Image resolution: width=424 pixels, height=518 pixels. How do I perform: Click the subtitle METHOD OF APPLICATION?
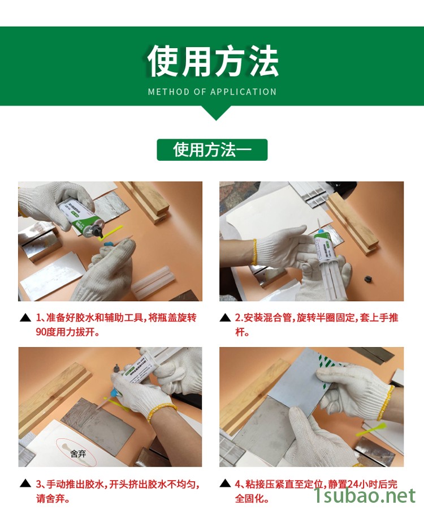click(212, 92)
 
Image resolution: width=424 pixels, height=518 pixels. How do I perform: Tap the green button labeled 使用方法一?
click(212, 150)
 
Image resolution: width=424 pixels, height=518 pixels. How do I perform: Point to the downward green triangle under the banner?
click(216, 113)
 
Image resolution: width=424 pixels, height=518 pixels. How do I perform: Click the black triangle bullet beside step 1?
click(25, 318)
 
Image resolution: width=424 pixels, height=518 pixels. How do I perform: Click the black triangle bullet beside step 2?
click(225, 318)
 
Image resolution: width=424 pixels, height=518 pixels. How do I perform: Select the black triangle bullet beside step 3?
click(25, 483)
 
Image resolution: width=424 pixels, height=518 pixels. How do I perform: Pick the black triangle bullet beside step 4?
click(225, 483)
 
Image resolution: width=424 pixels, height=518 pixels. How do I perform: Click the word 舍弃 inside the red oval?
click(78, 453)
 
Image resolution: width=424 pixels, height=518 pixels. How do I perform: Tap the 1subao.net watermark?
click(364, 495)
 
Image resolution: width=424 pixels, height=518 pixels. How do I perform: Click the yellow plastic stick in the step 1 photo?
click(111, 232)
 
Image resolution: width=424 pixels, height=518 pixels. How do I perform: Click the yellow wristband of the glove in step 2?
click(254, 252)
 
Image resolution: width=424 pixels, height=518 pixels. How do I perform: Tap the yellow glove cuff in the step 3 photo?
click(161, 412)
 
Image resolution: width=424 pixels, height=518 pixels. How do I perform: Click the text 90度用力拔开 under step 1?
click(68, 332)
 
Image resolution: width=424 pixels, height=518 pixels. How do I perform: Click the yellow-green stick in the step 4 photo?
click(371, 429)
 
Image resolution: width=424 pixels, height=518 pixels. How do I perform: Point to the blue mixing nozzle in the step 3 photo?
click(114, 392)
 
